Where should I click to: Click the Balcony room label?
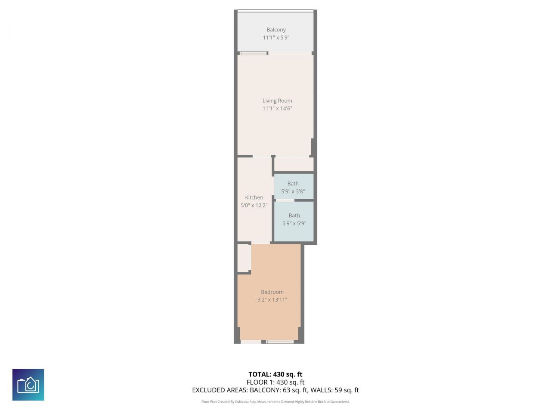[x=276, y=30]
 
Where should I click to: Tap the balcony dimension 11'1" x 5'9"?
[x=276, y=37]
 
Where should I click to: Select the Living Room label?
[x=277, y=101]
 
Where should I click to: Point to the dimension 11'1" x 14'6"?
[x=277, y=108]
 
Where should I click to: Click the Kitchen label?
[x=254, y=197]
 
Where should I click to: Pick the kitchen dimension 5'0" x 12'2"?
[x=254, y=205]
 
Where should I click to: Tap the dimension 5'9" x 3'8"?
[x=293, y=191]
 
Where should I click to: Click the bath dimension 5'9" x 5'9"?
[x=294, y=223]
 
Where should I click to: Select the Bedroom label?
[x=272, y=292]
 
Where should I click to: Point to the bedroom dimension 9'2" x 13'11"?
[x=272, y=299]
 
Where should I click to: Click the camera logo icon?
[x=28, y=385]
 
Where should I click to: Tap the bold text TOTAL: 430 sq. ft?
[x=275, y=374]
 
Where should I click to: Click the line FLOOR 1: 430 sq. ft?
[x=275, y=382]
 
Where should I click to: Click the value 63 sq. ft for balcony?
[x=293, y=390]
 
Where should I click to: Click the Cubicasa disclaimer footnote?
[x=275, y=402]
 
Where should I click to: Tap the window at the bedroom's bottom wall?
[x=279, y=342]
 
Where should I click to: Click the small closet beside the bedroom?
[x=244, y=258]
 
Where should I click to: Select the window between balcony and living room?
[x=253, y=53]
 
